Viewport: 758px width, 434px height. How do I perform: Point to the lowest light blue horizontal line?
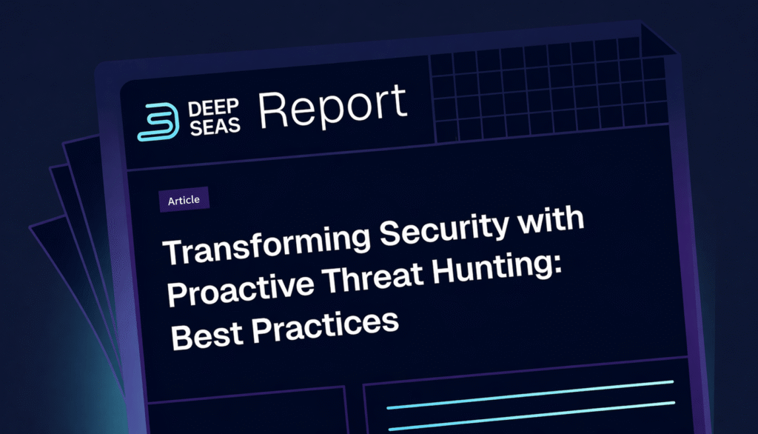coord(530,427)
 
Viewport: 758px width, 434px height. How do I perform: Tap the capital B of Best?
coord(180,338)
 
